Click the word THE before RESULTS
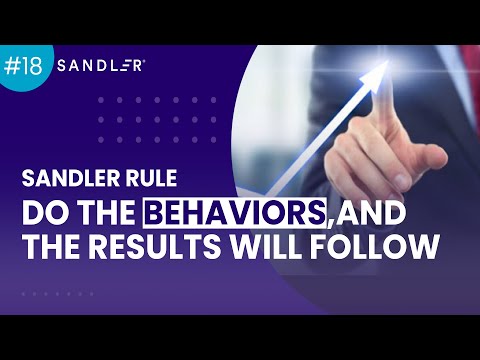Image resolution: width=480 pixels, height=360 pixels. click(x=56, y=245)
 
